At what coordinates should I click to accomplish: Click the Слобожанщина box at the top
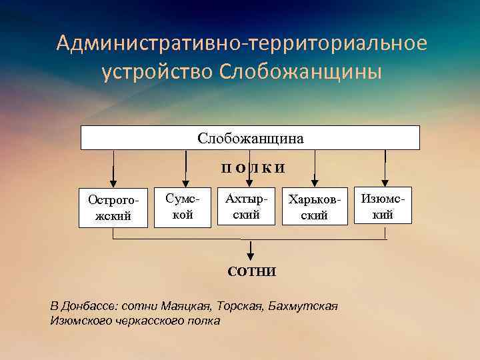coord(250,138)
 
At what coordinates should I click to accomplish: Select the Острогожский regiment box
coord(113,207)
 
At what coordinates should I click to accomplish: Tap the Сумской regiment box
coord(182,207)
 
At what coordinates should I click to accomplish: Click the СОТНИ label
coord(251,272)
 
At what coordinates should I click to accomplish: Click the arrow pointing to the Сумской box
coord(185,169)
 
